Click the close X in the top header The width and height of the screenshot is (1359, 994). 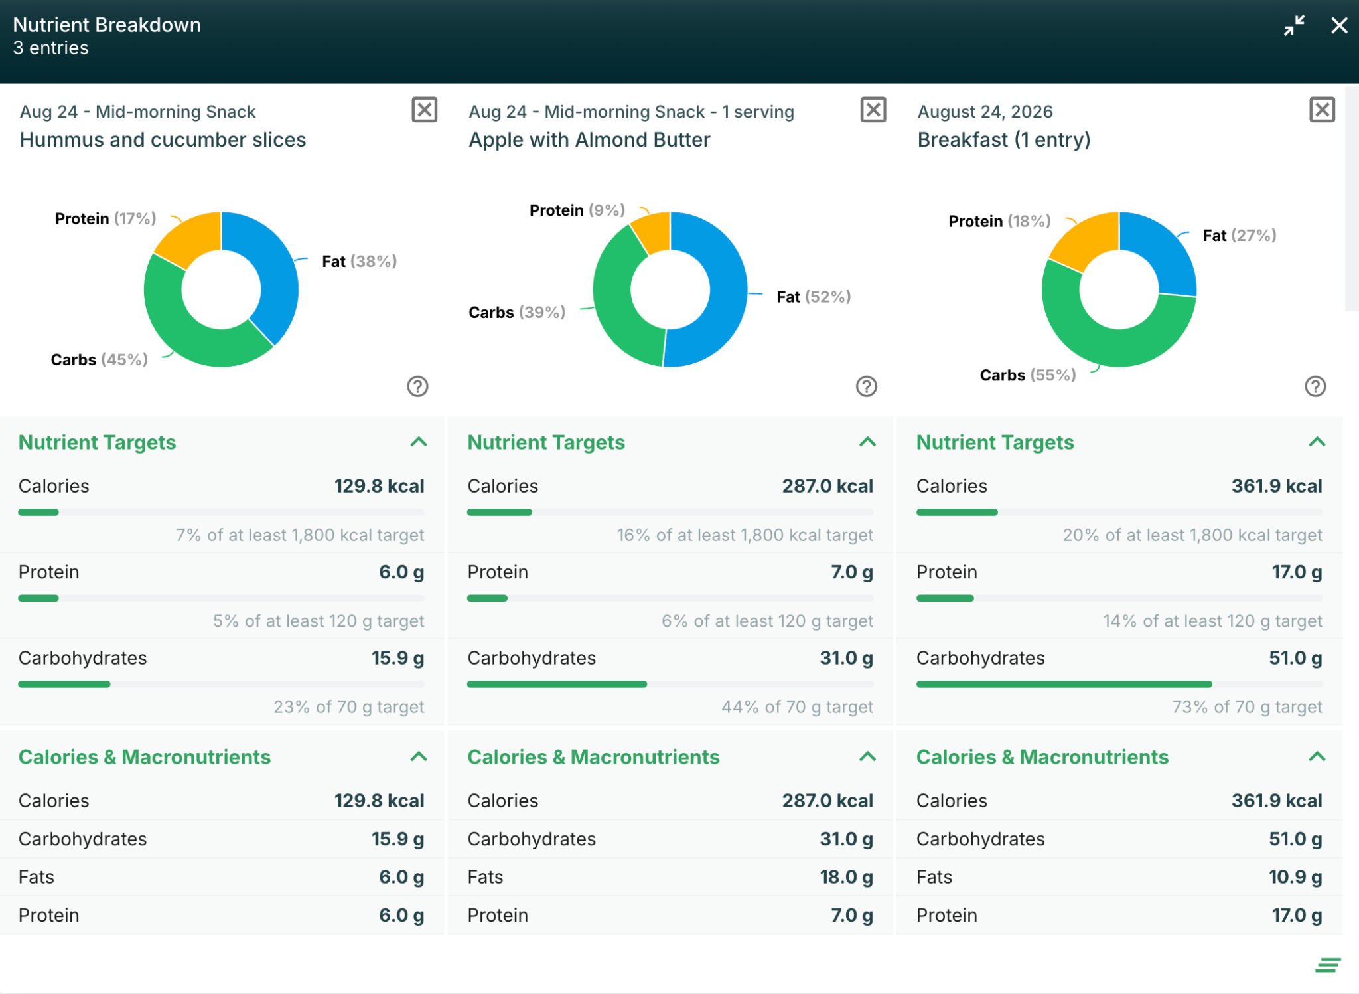(x=1339, y=25)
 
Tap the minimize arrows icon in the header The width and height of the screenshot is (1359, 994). (x=1294, y=25)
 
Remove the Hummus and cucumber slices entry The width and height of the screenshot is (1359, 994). (x=425, y=110)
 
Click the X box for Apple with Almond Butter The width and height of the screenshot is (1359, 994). (x=873, y=110)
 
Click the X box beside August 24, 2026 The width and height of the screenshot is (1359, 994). (x=1322, y=110)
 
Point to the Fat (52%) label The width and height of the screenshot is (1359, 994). (x=814, y=297)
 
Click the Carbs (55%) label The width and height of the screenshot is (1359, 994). (x=1028, y=375)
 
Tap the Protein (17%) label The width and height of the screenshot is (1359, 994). (x=106, y=218)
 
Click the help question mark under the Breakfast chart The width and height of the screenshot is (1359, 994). (x=1315, y=386)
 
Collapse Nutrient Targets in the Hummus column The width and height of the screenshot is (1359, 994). (x=419, y=442)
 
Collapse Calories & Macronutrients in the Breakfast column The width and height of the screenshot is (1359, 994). (x=1317, y=757)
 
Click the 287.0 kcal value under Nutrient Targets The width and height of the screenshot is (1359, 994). (x=827, y=486)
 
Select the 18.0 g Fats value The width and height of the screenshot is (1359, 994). (x=846, y=877)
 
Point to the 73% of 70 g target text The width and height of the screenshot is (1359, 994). (x=1248, y=707)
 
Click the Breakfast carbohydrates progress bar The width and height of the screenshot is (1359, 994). (x=1119, y=684)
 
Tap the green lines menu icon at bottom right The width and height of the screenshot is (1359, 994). (x=1328, y=965)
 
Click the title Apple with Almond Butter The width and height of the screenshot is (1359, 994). (x=589, y=140)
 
